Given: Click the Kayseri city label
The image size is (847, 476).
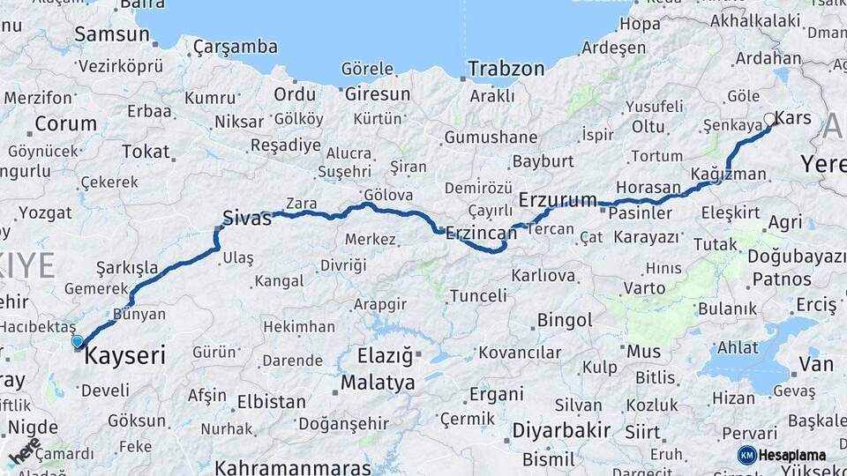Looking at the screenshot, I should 124,356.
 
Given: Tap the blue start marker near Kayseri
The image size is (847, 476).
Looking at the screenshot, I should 78,341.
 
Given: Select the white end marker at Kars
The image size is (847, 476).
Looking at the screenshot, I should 769,119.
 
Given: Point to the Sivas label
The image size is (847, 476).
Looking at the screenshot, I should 246,219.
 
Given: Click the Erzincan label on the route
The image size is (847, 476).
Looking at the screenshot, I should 481,233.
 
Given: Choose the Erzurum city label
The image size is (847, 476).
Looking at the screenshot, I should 558,200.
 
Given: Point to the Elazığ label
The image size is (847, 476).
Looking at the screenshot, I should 385,356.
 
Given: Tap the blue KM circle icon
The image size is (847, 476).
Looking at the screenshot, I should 746,455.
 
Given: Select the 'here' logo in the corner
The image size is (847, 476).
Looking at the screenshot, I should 24,451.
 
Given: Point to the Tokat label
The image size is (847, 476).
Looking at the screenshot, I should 146,152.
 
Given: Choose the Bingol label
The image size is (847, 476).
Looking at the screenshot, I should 565,319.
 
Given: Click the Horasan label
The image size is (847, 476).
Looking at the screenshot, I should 648,188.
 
